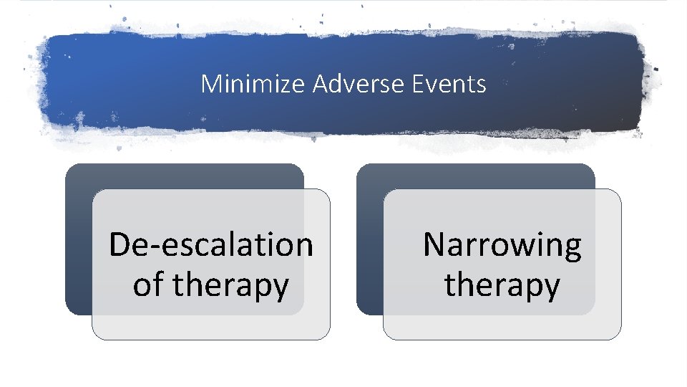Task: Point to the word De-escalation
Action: click(x=210, y=244)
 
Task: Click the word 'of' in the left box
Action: click(x=147, y=285)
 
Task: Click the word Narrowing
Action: click(x=502, y=244)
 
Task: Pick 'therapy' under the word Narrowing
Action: click(x=502, y=285)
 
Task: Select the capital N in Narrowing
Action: click(x=434, y=244)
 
